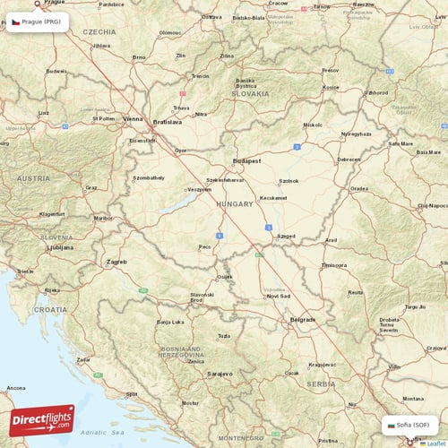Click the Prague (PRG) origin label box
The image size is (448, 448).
(x=37, y=23)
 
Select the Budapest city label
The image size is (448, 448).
(x=246, y=161)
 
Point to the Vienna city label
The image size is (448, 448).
(x=133, y=118)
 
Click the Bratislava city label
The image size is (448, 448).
(x=168, y=121)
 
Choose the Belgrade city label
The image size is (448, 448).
(x=303, y=319)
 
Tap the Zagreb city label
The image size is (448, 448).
(x=117, y=262)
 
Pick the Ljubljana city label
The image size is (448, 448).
(x=60, y=246)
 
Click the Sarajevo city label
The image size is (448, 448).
(x=220, y=373)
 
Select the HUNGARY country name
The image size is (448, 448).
(x=236, y=204)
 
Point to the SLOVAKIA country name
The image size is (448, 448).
(x=250, y=93)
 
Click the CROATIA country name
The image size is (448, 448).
(x=50, y=309)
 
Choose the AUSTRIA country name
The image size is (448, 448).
(x=33, y=178)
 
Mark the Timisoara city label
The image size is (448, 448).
(x=334, y=265)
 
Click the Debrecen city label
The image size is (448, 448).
(x=349, y=159)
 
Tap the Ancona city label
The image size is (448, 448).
(x=16, y=387)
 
